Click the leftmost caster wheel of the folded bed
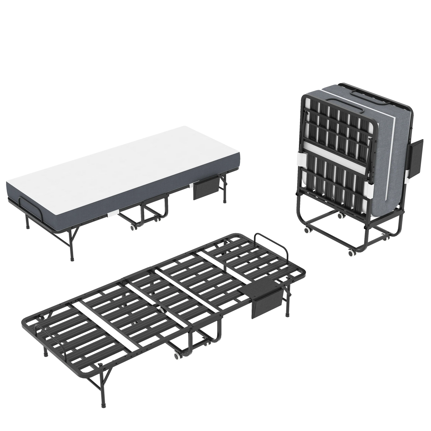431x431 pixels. tap(306, 230)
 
